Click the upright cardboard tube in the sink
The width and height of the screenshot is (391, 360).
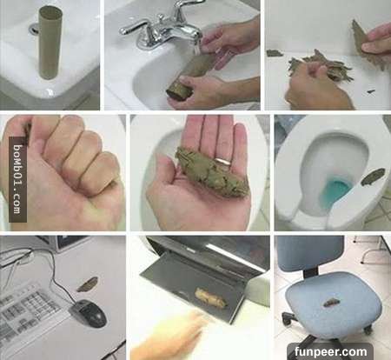click(50, 43)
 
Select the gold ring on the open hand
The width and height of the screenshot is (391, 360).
click(223, 161)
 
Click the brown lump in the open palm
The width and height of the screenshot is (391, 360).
click(211, 171)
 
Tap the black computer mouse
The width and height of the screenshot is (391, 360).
click(89, 313)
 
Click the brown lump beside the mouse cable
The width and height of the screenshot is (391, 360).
click(87, 284)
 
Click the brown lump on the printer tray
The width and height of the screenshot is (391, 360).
click(211, 297)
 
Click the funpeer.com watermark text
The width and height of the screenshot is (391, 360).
click(330, 352)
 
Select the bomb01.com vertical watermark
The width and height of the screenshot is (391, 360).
click(17, 179)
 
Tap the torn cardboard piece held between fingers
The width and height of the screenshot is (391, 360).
click(363, 37)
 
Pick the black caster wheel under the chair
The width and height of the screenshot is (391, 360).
click(287, 318)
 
